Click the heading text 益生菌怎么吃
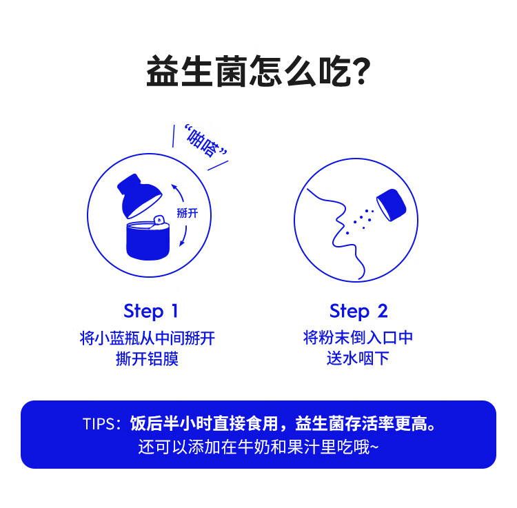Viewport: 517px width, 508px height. [248, 71]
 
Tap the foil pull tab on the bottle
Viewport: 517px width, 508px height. [160, 221]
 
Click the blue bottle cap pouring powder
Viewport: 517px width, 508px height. [392, 205]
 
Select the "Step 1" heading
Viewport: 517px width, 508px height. [150, 311]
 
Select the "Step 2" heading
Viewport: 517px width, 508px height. [358, 311]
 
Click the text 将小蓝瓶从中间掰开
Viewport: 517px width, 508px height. [148, 338]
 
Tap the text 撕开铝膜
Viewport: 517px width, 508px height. [148, 358]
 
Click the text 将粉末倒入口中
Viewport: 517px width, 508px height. [358, 338]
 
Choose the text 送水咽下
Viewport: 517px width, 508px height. [358, 358]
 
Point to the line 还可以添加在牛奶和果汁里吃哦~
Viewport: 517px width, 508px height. [258, 447]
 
